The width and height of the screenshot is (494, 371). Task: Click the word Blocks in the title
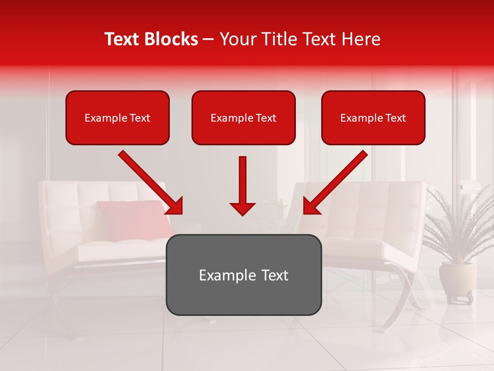coord(171,39)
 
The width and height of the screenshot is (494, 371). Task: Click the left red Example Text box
coord(117,118)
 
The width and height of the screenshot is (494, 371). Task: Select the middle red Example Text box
coord(243,118)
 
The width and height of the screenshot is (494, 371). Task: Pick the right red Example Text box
coord(373,118)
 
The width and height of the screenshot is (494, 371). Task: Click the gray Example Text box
coord(243,275)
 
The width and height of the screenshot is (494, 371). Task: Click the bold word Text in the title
coord(122,39)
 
